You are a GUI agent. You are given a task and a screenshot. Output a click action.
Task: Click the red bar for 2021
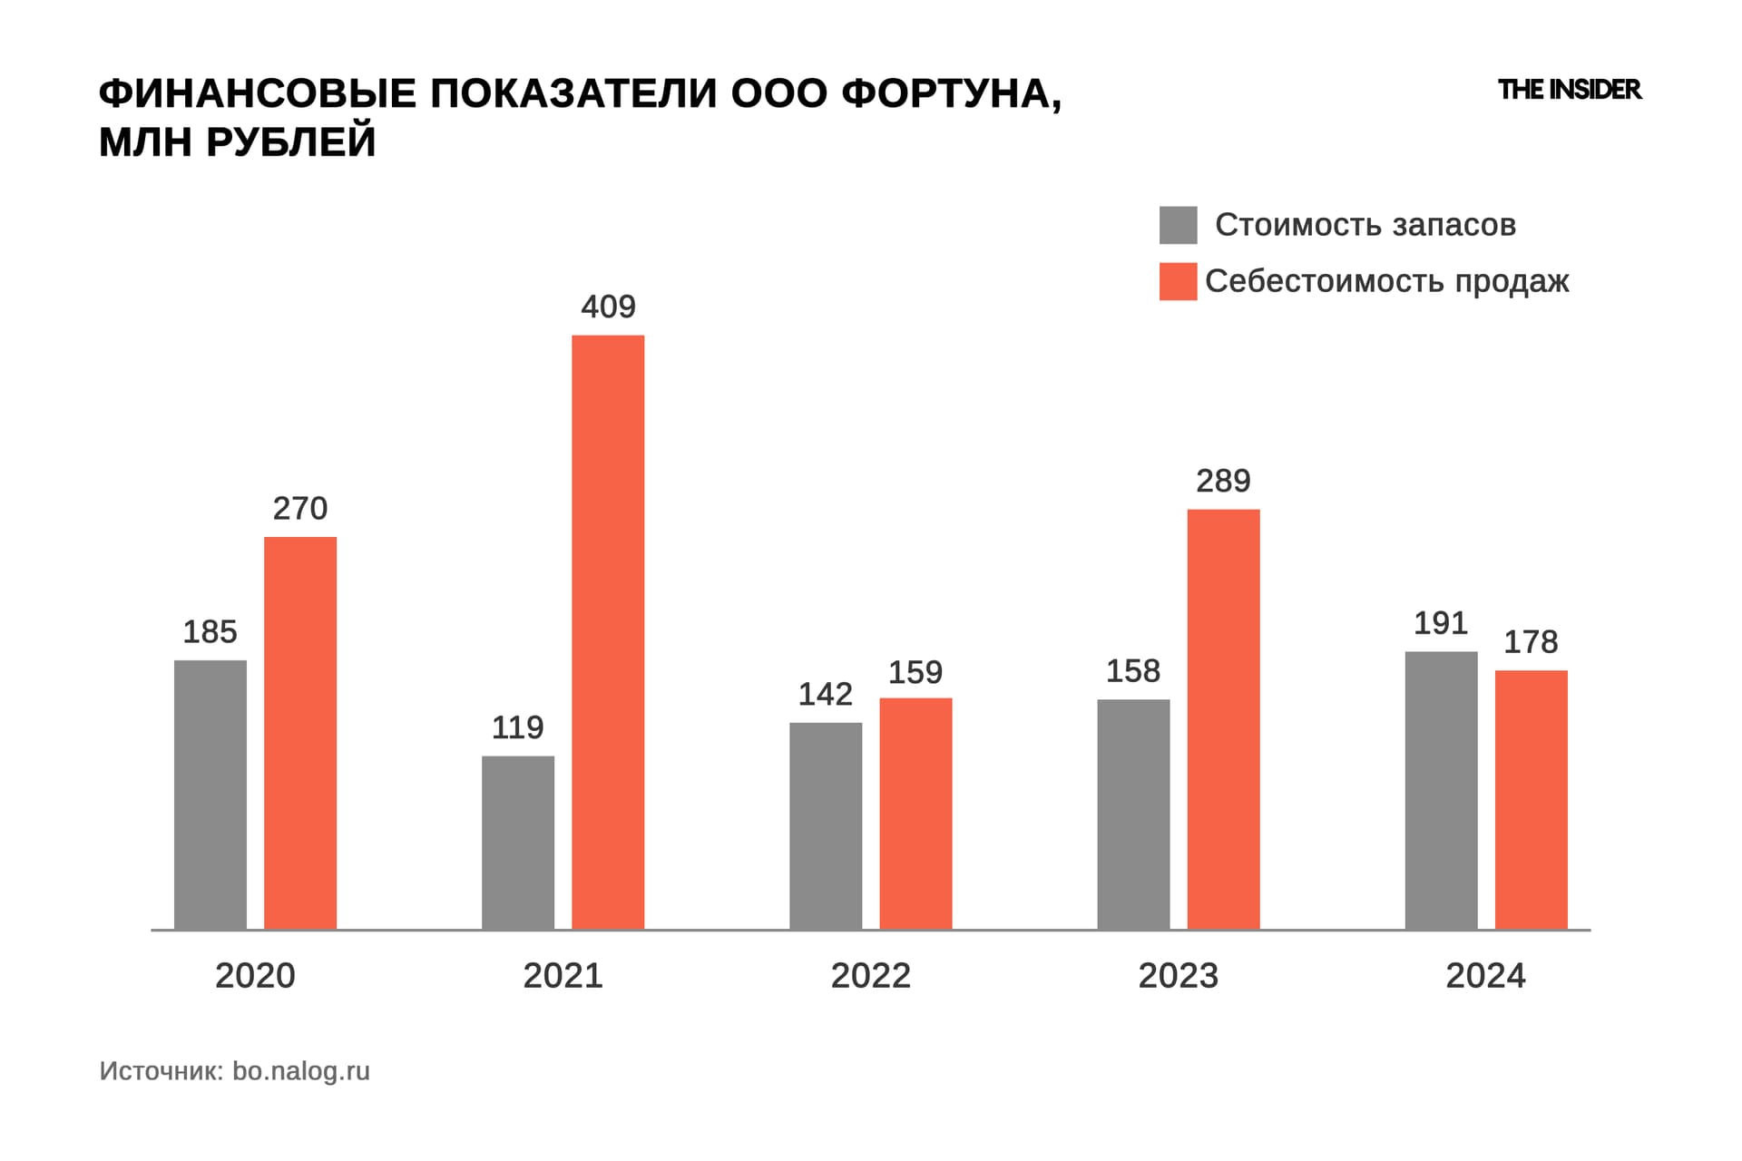(608, 632)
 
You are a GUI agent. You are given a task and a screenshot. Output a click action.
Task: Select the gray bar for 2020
(210, 795)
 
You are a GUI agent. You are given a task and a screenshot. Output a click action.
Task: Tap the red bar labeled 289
(1223, 719)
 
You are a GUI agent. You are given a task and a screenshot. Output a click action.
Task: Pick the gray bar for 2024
(1441, 790)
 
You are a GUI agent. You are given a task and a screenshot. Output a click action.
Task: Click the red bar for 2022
(915, 814)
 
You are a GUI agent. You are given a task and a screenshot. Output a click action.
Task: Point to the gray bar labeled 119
(518, 843)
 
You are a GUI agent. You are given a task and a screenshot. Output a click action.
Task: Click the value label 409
(608, 307)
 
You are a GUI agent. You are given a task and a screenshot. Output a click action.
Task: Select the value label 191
(1441, 623)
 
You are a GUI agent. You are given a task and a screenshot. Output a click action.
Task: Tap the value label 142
(825, 694)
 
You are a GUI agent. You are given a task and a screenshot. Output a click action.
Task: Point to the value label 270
(300, 508)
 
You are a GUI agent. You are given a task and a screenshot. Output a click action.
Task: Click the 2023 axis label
(1178, 976)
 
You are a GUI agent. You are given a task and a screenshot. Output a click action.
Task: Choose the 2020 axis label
(255, 976)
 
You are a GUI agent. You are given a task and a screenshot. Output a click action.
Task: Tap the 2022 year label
(870, 976)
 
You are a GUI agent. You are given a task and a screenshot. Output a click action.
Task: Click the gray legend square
(1178, 225)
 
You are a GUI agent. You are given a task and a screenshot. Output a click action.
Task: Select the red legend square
(1178, 281)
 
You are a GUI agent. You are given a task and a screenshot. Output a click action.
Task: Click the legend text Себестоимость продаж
(1386, 281)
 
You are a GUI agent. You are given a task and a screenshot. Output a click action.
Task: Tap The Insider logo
(1570, 90)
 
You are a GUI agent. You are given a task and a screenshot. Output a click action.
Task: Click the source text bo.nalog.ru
(301, 1071)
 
